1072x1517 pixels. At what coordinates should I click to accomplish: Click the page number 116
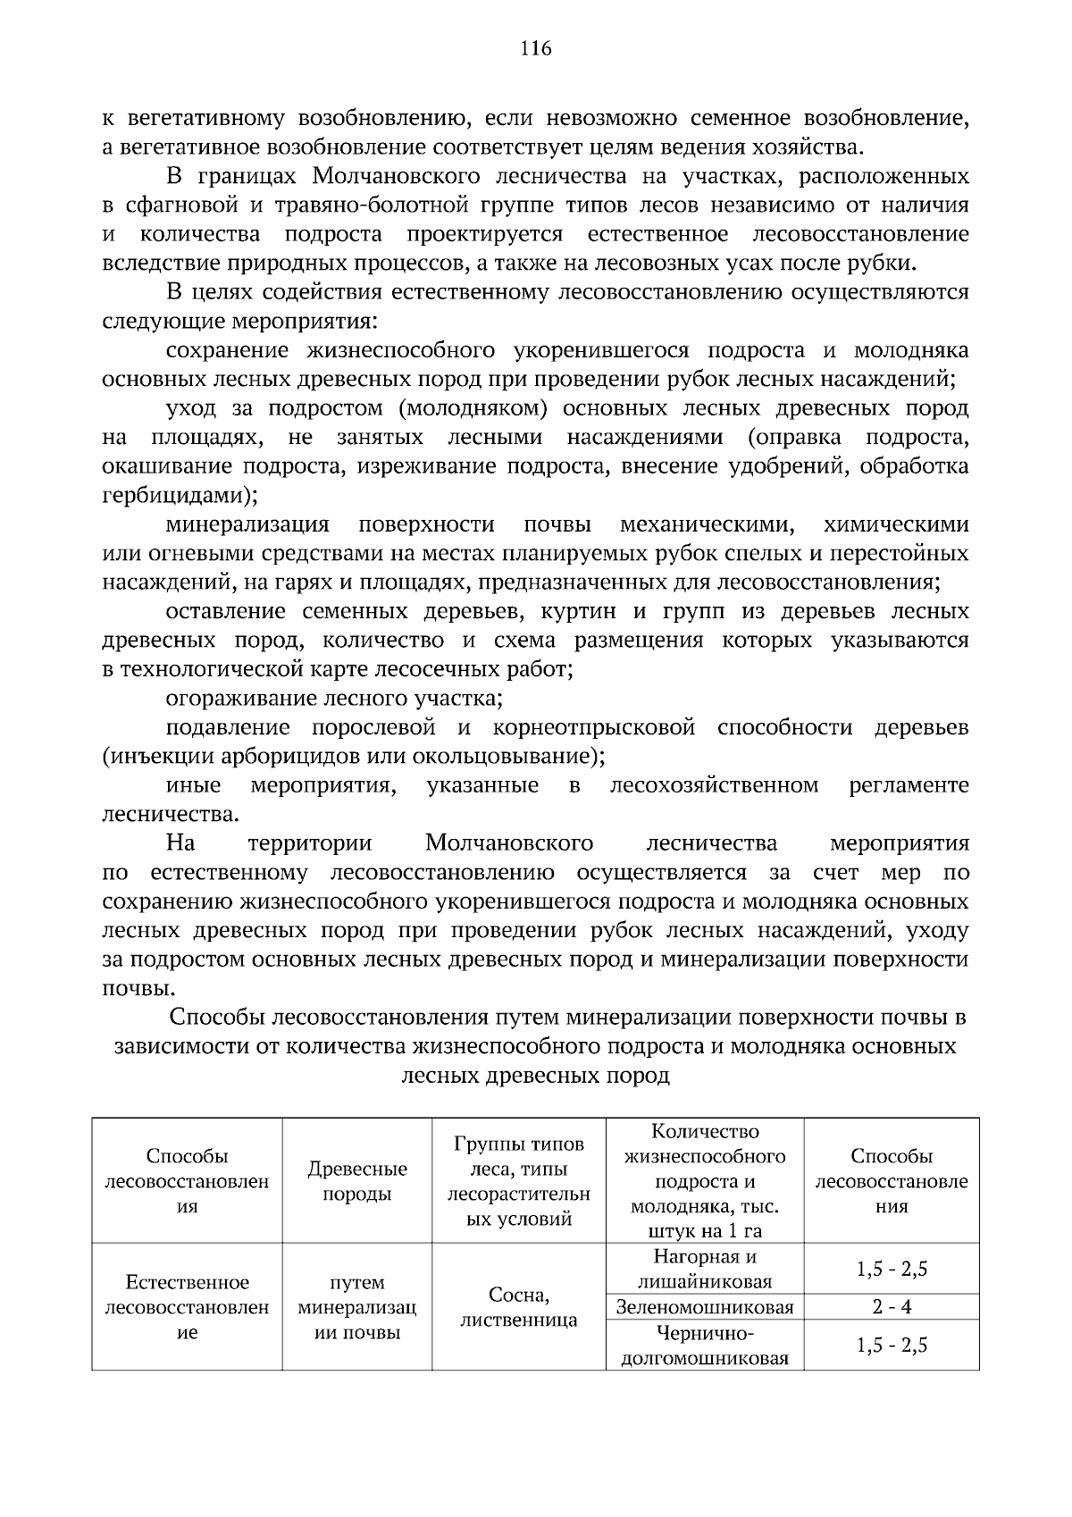coord(536,48)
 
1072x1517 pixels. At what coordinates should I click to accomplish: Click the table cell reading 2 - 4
coord(892,1307)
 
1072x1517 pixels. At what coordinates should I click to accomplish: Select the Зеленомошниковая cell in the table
coord(705,1308)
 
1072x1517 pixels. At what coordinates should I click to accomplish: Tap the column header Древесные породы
coord(356,1181)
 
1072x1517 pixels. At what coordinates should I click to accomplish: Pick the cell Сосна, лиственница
coord(519,1307)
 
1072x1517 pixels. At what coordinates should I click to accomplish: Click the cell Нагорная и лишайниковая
coord(705,1269)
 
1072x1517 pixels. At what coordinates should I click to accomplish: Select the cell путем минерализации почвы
coord(356,1307)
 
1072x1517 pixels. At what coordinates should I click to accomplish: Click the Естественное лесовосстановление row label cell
coord(187,1307)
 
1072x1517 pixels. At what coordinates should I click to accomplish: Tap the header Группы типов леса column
coord(519,1181)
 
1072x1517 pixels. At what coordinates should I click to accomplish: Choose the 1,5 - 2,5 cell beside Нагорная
coord(892,1269)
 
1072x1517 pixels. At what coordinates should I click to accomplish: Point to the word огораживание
coord(228,698)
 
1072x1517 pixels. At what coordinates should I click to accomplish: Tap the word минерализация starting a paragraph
coord(247,524)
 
